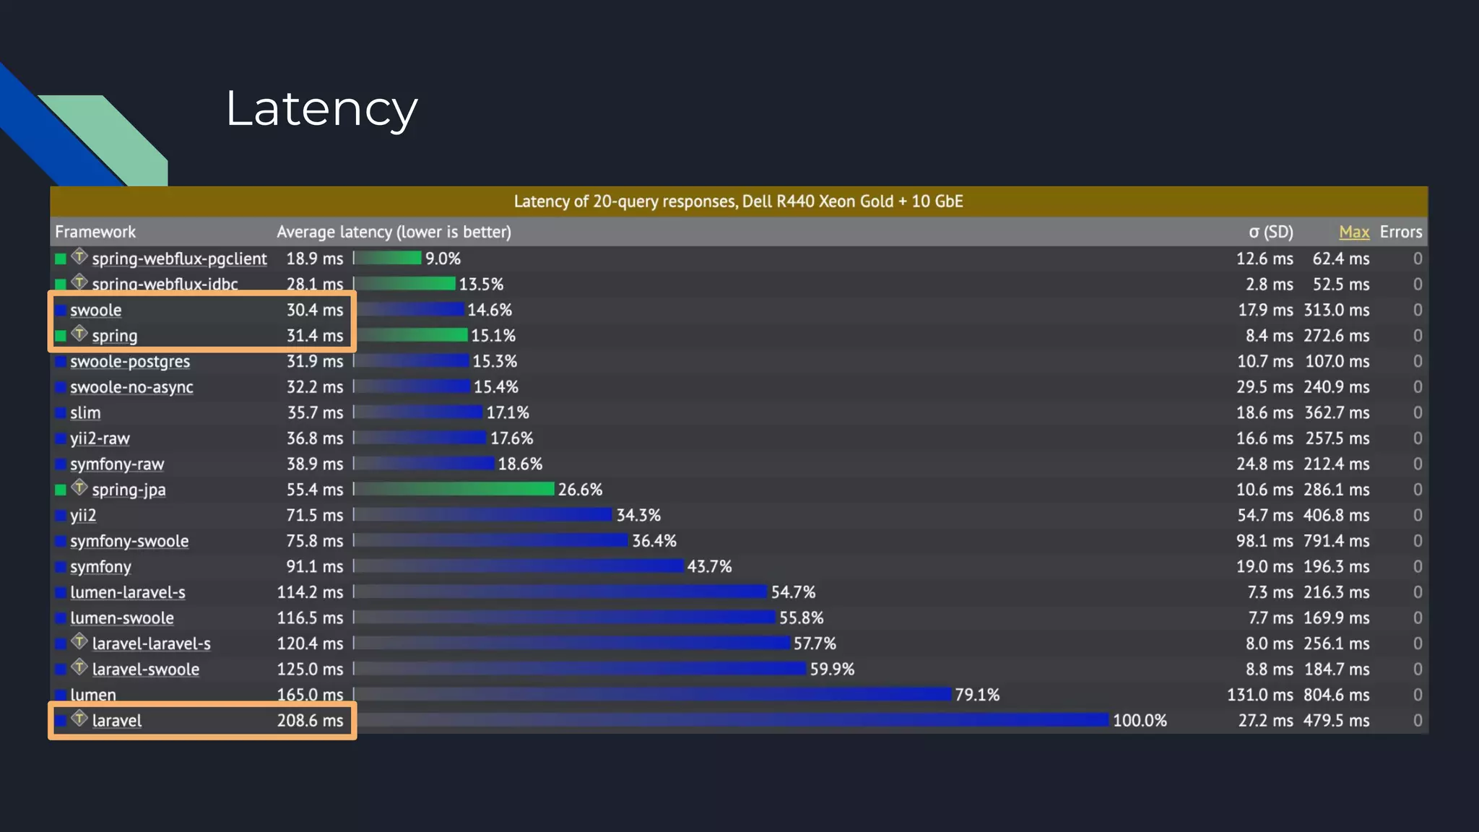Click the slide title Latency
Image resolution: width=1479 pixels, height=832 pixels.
click(x=321, y=109)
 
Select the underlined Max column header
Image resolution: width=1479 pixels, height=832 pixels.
click(x=1353, y=232)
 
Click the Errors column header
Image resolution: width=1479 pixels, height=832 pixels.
click(x=1400, y=232)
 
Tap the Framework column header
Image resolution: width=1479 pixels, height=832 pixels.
click(x=95, y=232)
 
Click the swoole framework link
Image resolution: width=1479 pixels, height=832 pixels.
click(x=96, y=311)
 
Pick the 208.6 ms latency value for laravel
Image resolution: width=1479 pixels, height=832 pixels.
click(x=310, y=721)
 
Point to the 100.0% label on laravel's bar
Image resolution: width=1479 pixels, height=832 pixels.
click(x=1139, y=721)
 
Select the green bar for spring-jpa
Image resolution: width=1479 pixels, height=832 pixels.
click(x=455, y=489)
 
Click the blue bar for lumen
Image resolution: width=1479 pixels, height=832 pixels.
click(x=654, y=694)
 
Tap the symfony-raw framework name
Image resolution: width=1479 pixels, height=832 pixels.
click(x=117, y=464)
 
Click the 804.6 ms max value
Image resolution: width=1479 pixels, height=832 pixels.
click(x=1336, y=695)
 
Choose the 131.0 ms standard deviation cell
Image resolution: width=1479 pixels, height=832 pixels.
click(x=1260, y=695)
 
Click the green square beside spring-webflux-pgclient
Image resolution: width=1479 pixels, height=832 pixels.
click(x=61, y=259)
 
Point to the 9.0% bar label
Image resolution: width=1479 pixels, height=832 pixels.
click(x=443, y=259)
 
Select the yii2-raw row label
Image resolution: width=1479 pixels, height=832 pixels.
click(x=100, y=438)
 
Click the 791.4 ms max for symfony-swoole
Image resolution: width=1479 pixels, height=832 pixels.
click(x=1336, y=541)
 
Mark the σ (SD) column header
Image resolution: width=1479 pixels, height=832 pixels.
click(x=1271, y=232)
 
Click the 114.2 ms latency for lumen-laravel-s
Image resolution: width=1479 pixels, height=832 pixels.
click(x=310, y=592)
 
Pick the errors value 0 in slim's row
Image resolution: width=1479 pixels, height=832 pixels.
click(x=1417, y=413)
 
